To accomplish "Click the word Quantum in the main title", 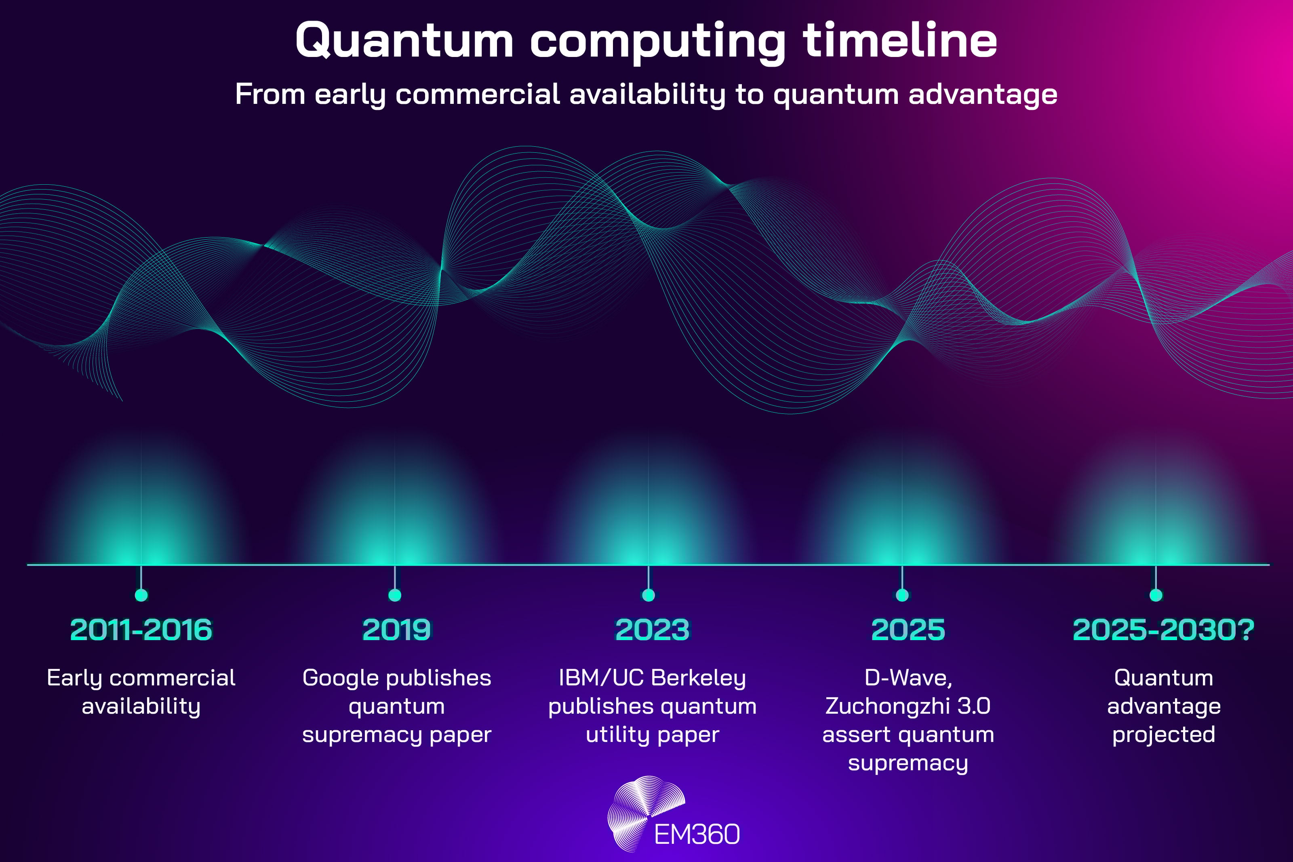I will tap(404, 41).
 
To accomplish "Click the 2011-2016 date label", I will tap(141, 630).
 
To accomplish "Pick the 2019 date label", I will tap(396, 630).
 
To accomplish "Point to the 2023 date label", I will tap(652, 630).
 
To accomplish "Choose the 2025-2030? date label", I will tap(1163, 630).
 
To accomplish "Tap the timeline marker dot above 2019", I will tap(394, 595).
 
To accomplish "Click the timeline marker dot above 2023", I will tap(649, 595).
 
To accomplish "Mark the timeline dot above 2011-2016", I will tap(141, 595).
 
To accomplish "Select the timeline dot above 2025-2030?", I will tap(1156, 595).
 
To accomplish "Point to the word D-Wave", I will tap(907, 678).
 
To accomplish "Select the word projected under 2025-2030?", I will tap(1163, 735).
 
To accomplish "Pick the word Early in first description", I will tap(74, 678).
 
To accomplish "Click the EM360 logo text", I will tap(697, 835).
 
